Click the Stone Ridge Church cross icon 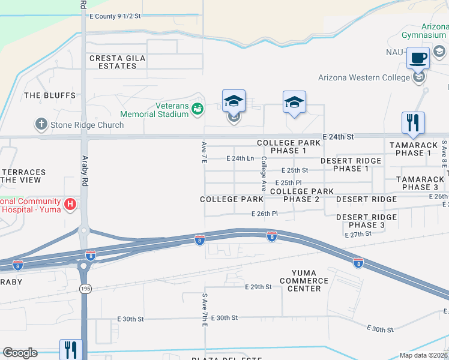pos(41,125)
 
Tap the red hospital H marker pos(71,205)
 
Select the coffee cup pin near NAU pos(418,59)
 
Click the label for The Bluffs pos(50,95)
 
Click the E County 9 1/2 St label pos(115,17)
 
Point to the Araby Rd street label pos(85,171)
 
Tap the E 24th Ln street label pos(240,158)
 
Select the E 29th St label pos(258,287)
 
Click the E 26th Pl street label pos(264,214)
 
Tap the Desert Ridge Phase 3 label pos(361,221)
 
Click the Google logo pos(20,353)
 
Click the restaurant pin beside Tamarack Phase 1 pos(413,122)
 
